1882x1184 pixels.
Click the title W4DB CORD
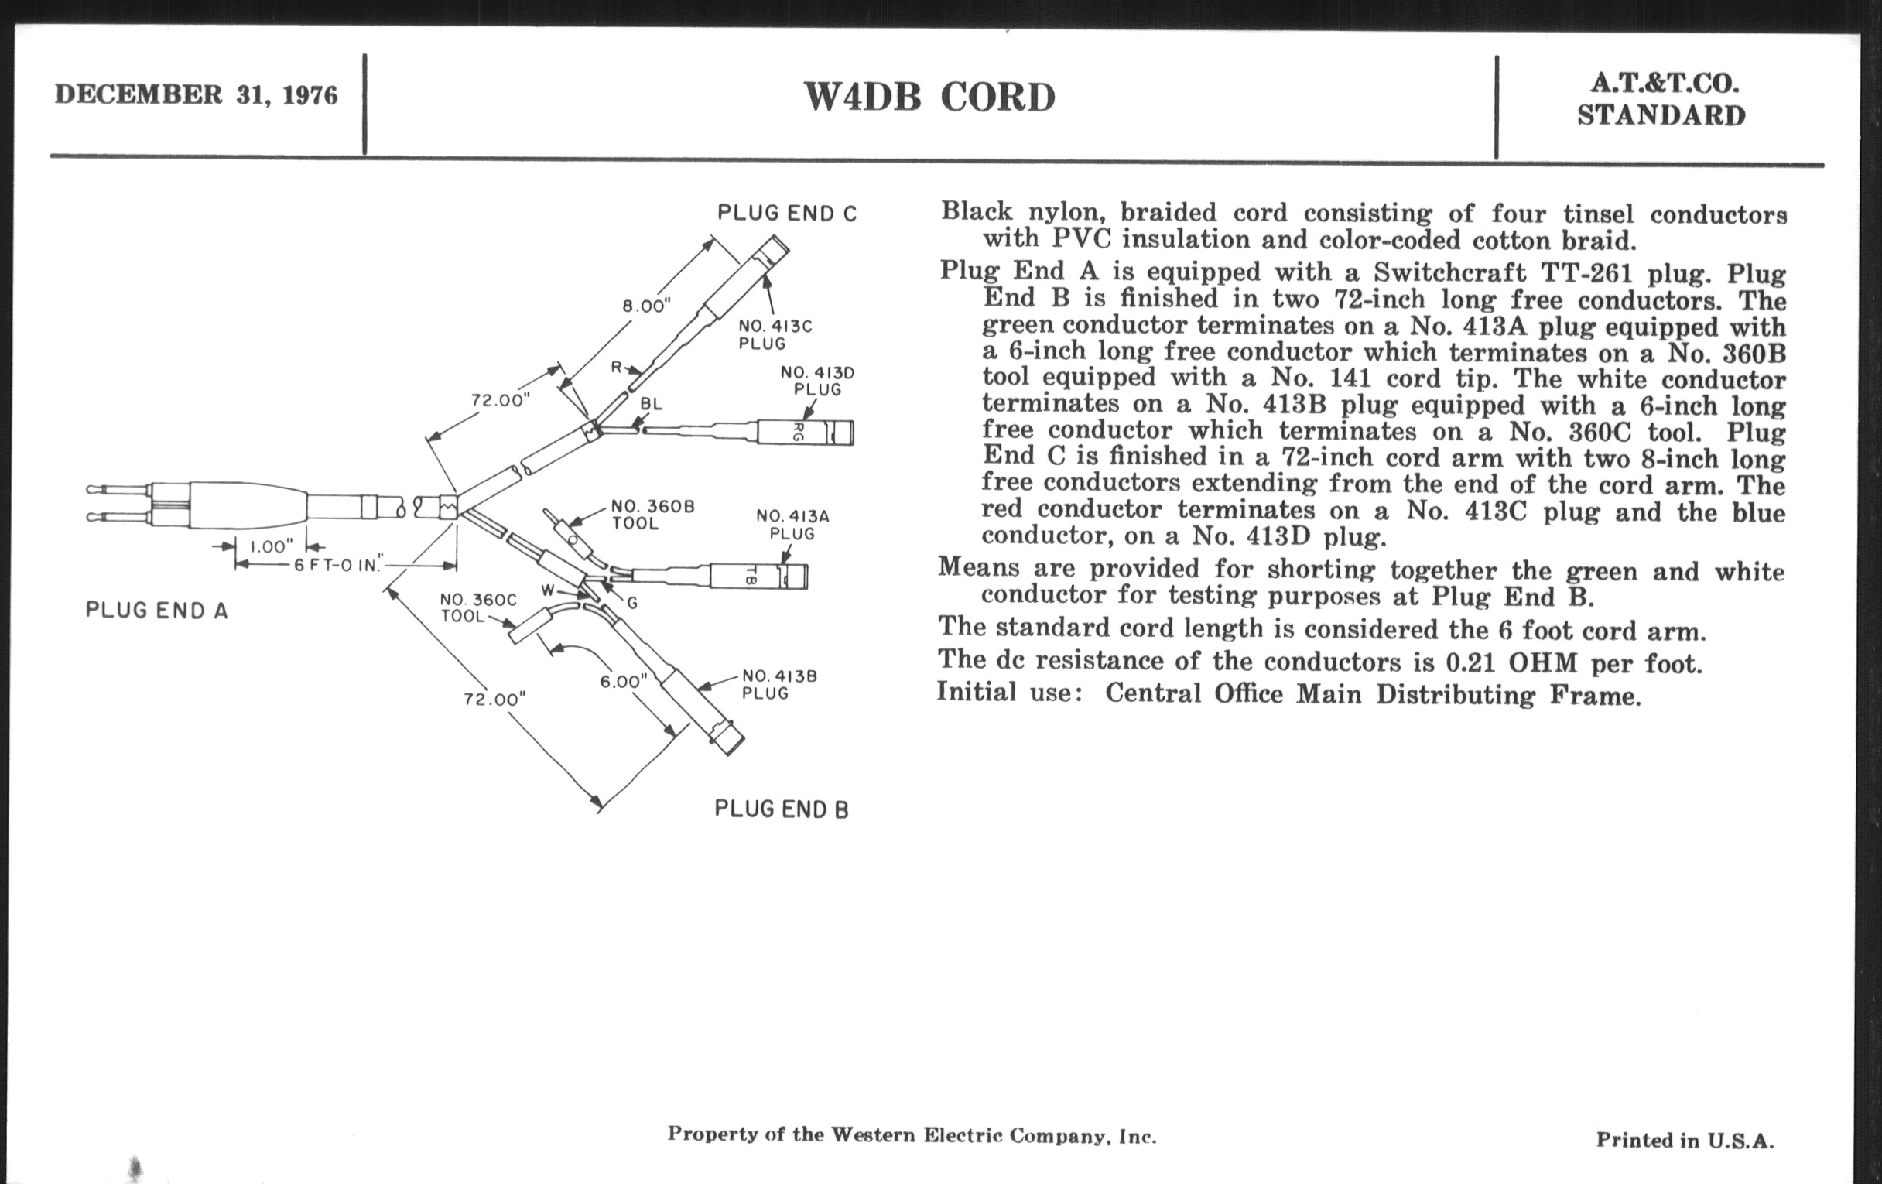coord(929,98)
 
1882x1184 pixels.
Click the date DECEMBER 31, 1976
coord(197,95)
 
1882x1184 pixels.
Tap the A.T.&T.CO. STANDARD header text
coord(1661,100)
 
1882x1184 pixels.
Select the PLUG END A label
coord(156,611)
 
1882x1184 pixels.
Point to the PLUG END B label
coord(781,809)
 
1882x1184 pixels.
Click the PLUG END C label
coord(787,214)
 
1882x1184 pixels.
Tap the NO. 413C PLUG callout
coord(775,334)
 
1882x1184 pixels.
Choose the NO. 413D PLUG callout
coord(816,381)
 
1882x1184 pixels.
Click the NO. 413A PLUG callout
coord(792,525)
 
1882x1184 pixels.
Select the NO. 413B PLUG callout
coord(778,684)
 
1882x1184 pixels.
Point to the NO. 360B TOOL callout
coord(652,515)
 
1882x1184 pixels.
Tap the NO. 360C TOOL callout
coord(477,607)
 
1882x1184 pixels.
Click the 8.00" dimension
coord(646,306)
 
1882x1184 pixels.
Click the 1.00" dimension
coord(270,546)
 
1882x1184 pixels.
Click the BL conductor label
coord(651,404)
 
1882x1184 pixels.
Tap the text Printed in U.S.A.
coord(1684,1140)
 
